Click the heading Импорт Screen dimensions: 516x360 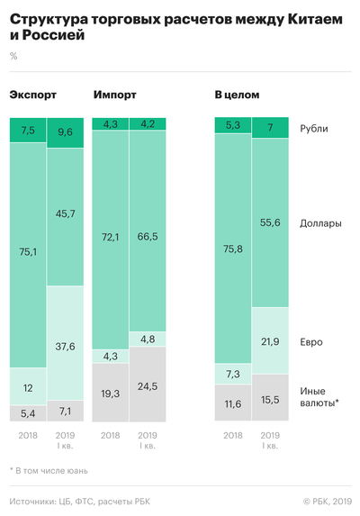(x=116, y=95)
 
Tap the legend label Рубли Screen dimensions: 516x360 (x=314, y=128)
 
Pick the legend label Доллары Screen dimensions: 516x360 (x=321, y=222)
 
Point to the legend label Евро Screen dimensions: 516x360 (x=311, y=342)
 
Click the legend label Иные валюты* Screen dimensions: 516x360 (x=319, y=397)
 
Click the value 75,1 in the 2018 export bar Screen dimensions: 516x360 (x=27, y=252)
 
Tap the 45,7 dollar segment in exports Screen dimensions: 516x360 (x=65, y=214)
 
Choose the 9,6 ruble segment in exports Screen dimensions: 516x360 (x=65, y=131)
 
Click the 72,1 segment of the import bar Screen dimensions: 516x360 (x=110, y=237)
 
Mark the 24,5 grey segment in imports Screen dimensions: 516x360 (x=148, y=385)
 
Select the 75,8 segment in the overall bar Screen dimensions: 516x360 (x=232, y=239)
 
